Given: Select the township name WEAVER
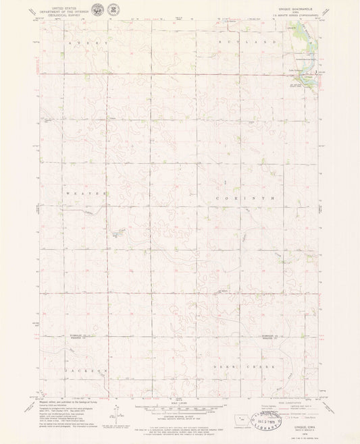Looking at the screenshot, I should point(86,193).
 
